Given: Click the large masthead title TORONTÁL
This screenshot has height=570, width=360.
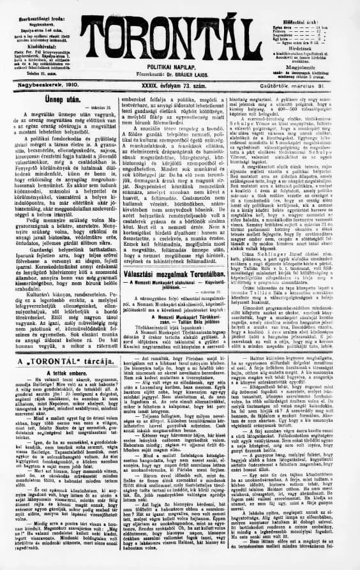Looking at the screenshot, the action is (x=180, y=40).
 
